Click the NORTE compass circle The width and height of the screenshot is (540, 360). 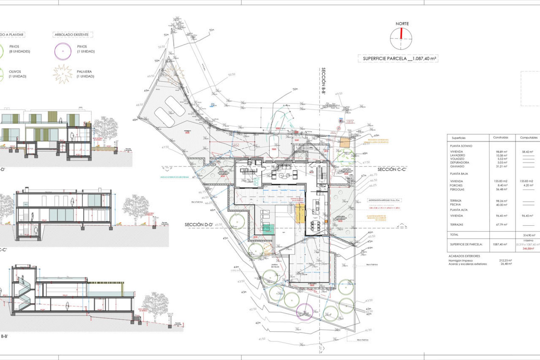[401, 39]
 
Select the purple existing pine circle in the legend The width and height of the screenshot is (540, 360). [63, 51]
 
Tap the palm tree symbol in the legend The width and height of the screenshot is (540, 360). [62, 74]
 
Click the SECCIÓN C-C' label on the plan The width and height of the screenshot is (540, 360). [392, 169]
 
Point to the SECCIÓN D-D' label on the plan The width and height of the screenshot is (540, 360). [199, 224]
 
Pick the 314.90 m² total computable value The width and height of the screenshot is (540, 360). [529, 235]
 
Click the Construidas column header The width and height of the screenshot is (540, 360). [501, 138]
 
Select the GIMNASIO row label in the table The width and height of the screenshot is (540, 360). [457, 166]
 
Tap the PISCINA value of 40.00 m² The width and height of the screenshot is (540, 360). [501, 205]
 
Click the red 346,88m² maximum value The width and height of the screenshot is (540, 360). [528, 249]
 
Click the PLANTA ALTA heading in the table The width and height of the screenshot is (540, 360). [459, 210]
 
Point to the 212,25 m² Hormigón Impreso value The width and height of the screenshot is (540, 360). [505, 260]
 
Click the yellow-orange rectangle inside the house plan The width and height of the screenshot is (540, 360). [300, 213]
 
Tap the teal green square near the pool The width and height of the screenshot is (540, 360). [268, 229]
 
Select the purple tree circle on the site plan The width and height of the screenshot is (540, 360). [305, 312]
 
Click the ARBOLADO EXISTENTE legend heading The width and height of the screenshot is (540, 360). [72, 35]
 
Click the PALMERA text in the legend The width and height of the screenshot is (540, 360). [84, 71]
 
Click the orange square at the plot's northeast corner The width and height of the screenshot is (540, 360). [345, 143]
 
